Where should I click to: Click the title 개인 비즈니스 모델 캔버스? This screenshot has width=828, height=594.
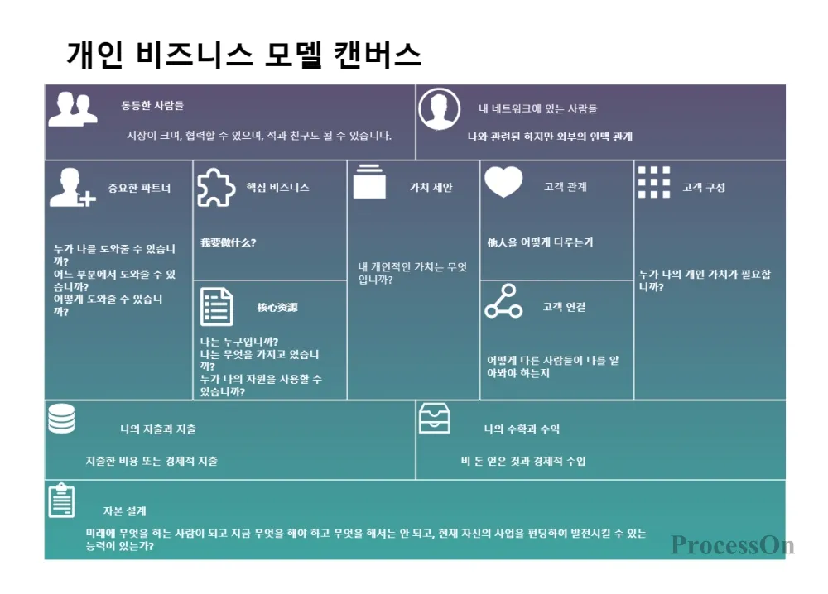243,55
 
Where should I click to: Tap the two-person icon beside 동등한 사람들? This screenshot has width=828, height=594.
72,109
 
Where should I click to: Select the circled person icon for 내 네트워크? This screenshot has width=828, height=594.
439,109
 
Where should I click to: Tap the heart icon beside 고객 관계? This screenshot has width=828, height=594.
503,182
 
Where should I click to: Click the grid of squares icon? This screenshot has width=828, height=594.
654,183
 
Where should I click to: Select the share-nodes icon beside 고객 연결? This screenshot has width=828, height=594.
503,302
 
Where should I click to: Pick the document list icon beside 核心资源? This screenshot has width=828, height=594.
217,307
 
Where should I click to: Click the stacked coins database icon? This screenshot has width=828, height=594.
61,419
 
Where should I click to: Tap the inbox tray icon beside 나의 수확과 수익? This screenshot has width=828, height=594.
435,419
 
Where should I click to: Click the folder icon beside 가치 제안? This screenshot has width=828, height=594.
369,182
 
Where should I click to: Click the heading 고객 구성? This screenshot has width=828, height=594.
703,188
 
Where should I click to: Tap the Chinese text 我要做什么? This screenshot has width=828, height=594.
228,243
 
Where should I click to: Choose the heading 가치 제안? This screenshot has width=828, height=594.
431,188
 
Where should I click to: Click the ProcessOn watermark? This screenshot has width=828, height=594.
732,545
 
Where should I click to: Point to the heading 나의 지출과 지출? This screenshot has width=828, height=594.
157,429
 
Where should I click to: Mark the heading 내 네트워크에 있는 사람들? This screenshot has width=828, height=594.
537,109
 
